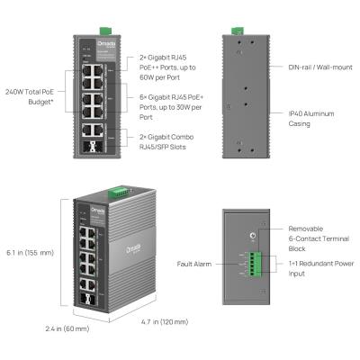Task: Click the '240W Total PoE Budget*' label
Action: click(31, 95)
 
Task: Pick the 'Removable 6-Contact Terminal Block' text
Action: click(311, 237)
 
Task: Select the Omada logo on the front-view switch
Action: click(85, 40)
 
